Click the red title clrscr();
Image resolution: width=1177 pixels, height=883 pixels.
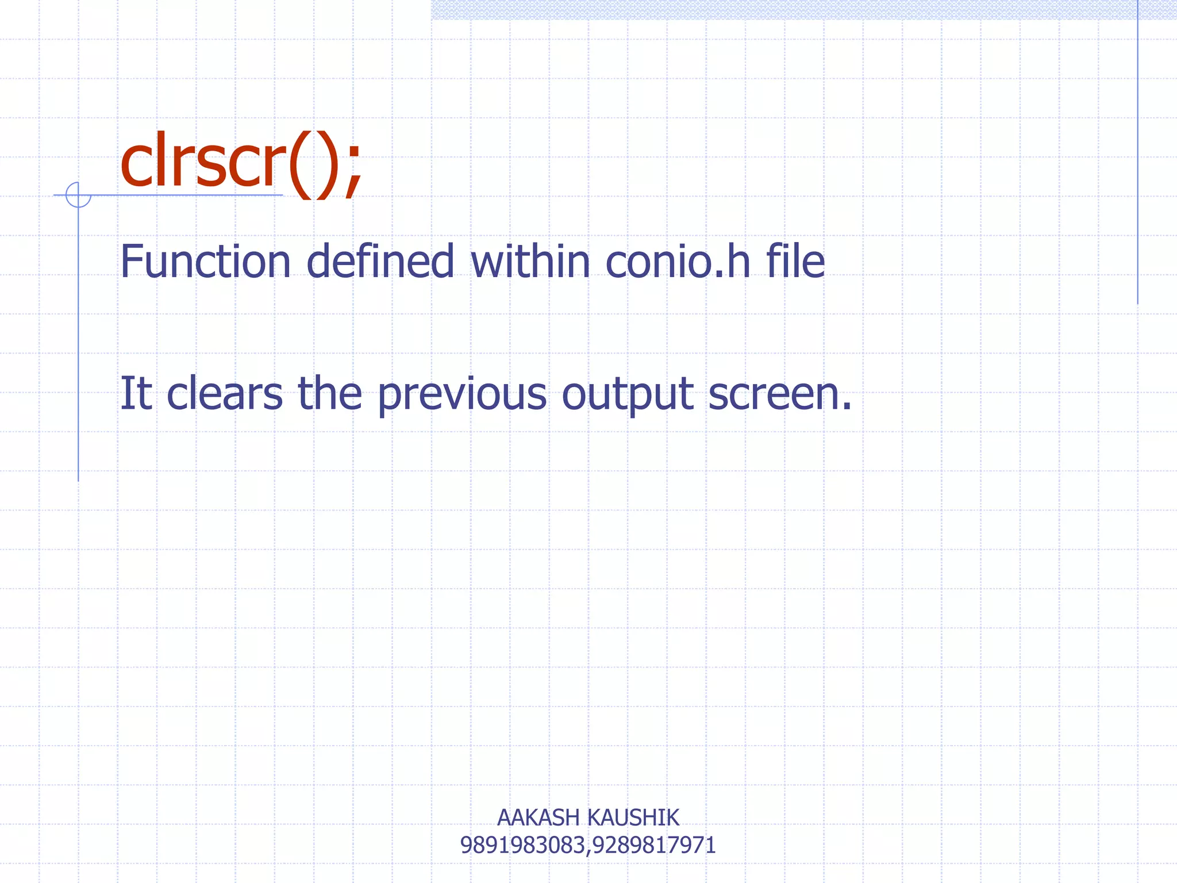point(241,164)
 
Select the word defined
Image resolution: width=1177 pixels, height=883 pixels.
point(380,262)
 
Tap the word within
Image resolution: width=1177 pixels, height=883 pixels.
point(530,262)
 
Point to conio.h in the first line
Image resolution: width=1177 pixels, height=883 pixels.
point(678,262)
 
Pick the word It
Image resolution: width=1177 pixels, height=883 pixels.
point(136,394)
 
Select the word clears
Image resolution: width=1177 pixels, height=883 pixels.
point(225,394)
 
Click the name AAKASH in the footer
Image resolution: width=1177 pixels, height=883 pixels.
point(538,817)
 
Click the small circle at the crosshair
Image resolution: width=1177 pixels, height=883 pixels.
point(78,195)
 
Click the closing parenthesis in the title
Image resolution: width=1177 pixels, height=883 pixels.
point(326,167)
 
